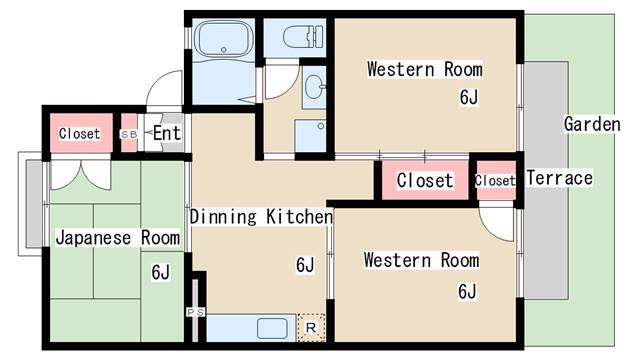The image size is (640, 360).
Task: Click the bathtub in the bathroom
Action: coord(223,40)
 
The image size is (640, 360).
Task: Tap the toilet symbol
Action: coord(303,37)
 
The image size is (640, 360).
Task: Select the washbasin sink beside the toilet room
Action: coord(315,87)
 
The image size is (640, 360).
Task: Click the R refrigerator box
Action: coord(311,327)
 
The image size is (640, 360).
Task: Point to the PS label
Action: coord(196,313)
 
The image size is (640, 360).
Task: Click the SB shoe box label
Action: coord(129,134)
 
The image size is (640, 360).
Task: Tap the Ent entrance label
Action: coord(167,133)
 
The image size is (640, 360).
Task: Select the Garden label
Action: coord(592,124)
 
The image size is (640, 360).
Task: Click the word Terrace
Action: coord(560,178)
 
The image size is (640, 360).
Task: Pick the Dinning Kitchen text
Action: coord(262,217)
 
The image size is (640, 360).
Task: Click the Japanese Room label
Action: coord(118,238)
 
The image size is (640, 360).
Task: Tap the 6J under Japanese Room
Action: coord(160,272)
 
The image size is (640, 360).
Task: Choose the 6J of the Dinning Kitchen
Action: coord(305,265)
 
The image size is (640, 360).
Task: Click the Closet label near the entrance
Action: coord(80,133)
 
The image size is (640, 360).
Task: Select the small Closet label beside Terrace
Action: coord(495,180)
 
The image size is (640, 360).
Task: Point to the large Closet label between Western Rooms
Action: coord(425,180)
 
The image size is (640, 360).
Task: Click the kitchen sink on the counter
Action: coord(272,329)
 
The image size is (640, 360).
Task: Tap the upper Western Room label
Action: coord(425,69)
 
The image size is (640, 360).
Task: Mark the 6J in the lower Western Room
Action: coord(467,291)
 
